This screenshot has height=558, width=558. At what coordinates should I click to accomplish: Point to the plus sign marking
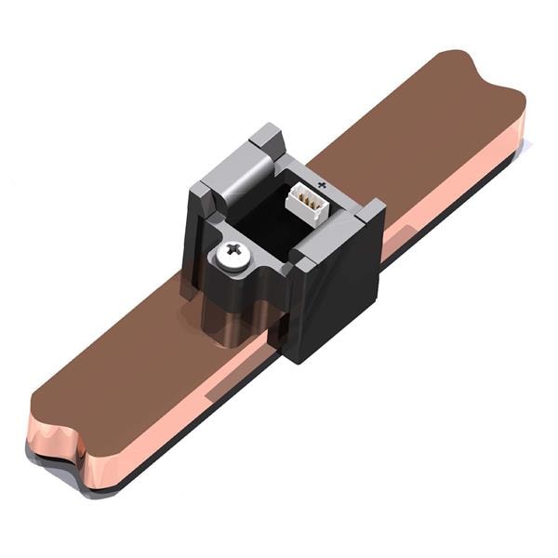click(x=322, y=186)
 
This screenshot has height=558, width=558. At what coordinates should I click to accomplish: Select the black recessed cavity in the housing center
click(x=265, y=219)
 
